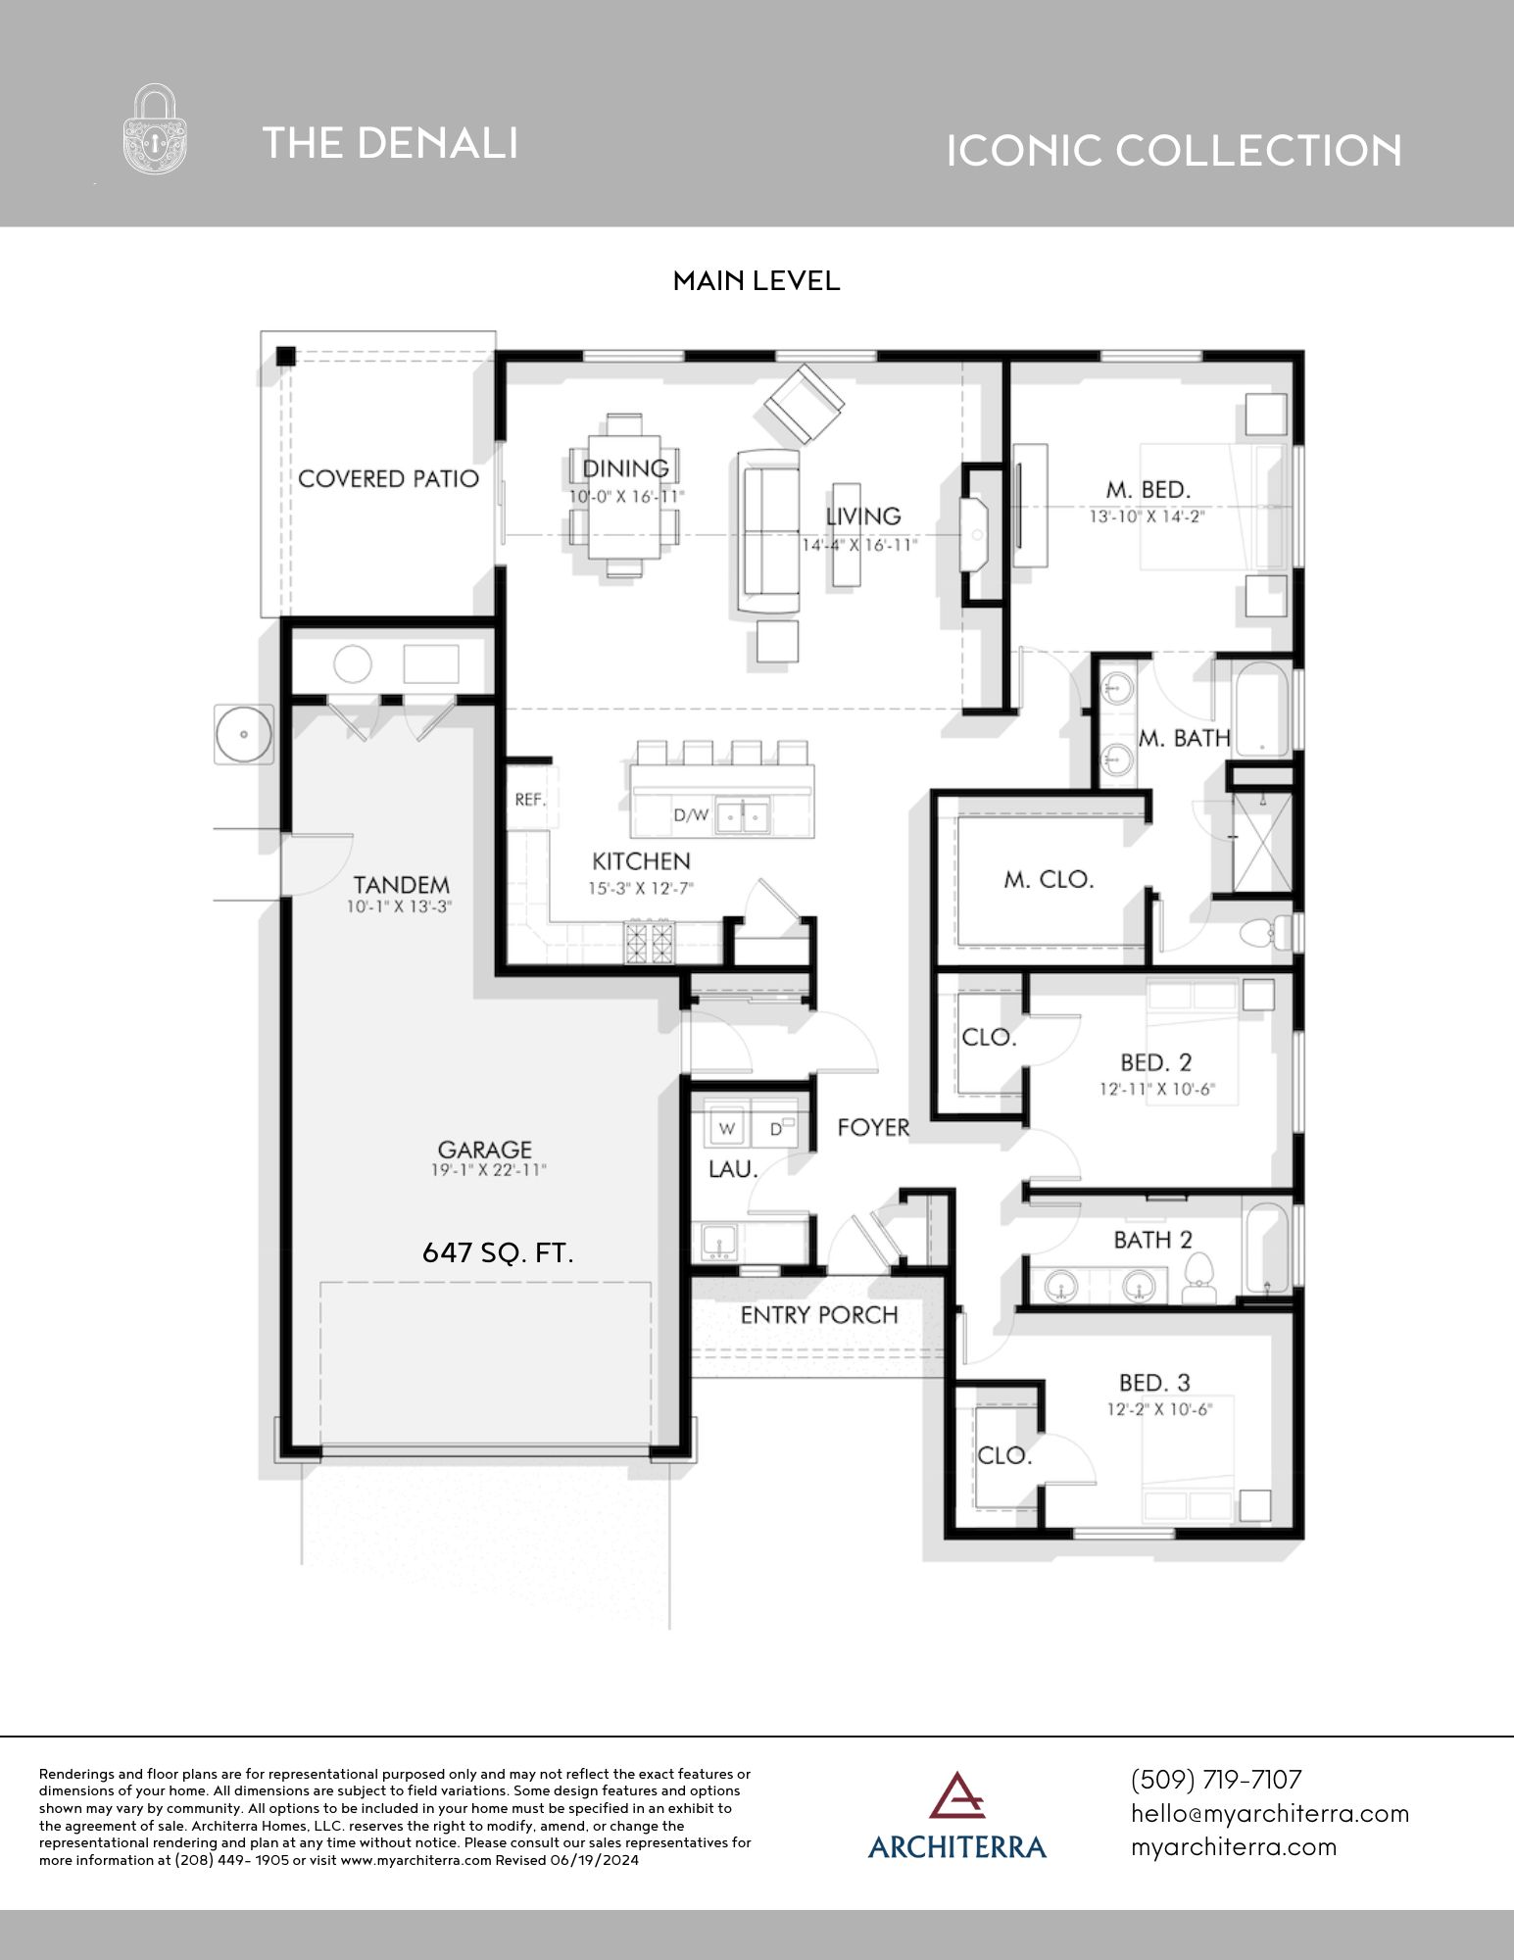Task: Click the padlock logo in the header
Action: pyautogui.click(x=155, y=129)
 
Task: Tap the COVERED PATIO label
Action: pyautogui.click(x=388, y=479)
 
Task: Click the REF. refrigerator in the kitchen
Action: pyautogui.click(x=529, y=800)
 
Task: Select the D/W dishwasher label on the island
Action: pyautogui.click(x=690, y=814)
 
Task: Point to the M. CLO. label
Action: pyautogui.click(x=1048, y=880)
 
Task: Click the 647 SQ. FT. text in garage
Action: pyautogui.click(x=497, y=1252)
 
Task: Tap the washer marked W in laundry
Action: pyautogui.click(x=727, y=1128)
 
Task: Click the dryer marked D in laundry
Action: pyautogui.click(x=776, y=1129)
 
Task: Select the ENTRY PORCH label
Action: pyautogui.click(x=818, y=1315)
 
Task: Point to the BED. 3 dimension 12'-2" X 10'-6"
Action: pyautogui.click(x=1156, y=1409)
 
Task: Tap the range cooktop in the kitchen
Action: pyautogui.click(x=650, y=942)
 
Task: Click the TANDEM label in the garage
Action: pyautogui.click(x=402, y=885)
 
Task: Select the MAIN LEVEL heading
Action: pyautogui.click(x=756, y=281)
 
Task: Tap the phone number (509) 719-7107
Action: pyautogui.click(x=1215, y=1779)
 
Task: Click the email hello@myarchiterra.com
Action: pyautogui.click(x=1269, y=1813)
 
